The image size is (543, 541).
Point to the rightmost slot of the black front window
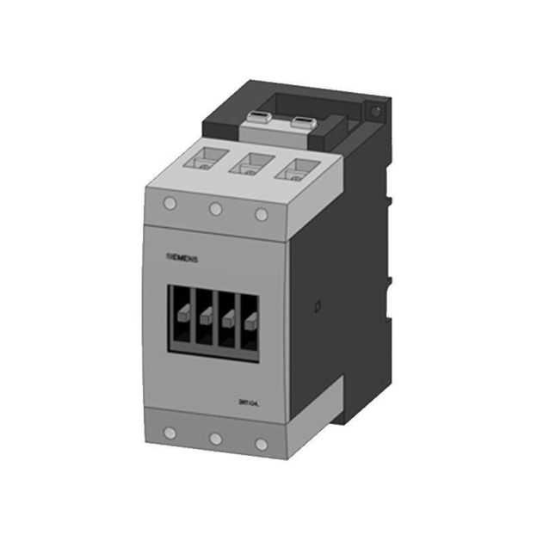pos(250,327)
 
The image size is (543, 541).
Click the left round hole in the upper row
pos(170,204)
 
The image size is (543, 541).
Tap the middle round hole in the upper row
pos(215,207)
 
